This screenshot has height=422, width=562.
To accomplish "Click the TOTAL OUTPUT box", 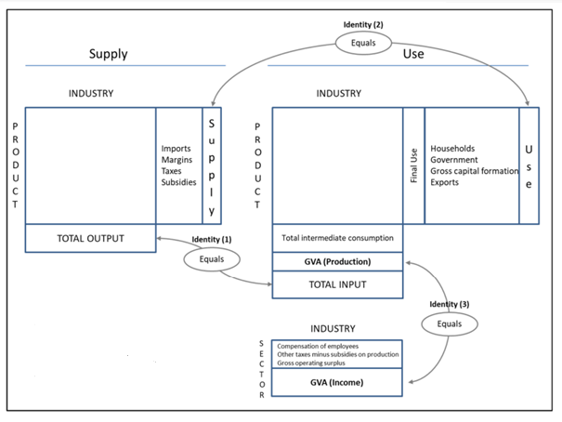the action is [x=91, y=239].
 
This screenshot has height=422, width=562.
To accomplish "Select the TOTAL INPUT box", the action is [x=337, y=284].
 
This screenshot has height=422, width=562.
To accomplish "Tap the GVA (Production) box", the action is [x=337, y=262].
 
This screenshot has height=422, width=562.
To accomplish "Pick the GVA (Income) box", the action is [x=336, y=383].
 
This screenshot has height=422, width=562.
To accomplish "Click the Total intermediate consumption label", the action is [x=337, y=238].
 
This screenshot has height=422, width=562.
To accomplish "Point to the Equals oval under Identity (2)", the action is [x=363, y=43].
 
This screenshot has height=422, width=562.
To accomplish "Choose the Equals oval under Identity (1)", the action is [x=212, y=259].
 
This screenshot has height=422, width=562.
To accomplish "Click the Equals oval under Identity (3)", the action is [x=450, y=324].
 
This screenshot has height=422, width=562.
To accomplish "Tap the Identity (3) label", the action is [x=450, y=304].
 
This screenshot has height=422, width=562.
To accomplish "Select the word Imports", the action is [x=176, y=149].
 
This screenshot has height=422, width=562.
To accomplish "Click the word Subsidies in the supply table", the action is [x=179, y=182].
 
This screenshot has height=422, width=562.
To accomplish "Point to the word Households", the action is [x=452, y=149].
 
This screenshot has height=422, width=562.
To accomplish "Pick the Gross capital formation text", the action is [x=475, y=171].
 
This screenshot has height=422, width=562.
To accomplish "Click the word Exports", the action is [x=444, y=182].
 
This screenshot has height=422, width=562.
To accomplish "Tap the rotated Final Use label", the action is [x=414, y=165].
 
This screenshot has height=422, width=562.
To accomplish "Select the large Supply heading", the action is [x=109, y=54].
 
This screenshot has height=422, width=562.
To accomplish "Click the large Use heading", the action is [x=413, y=54].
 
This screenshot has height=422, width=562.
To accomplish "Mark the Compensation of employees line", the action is [x=318, y=346].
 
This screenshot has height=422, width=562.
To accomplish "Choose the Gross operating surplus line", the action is [x=311, y=363].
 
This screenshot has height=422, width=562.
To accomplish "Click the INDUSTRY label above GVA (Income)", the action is [x=333, y=329].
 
